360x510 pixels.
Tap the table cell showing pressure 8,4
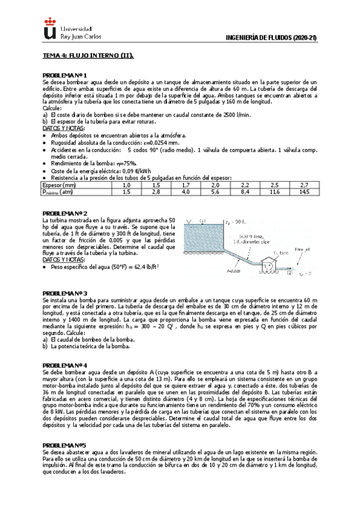245,192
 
